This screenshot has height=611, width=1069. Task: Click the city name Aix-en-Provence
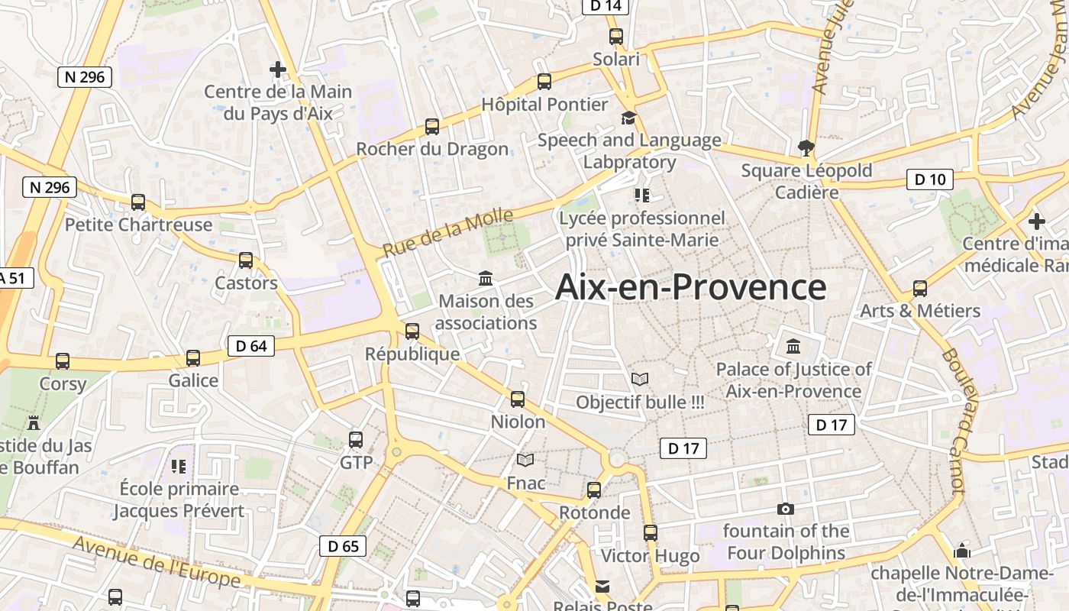pyautogui.click(x=691, y=287)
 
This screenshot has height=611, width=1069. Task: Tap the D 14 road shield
pyautogui.click(x=606, y=6)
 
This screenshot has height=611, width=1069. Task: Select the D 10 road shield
pyautogui.click(x=929, y=179)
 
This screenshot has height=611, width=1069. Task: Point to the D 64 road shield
pyautogui.click(x=251, y=346)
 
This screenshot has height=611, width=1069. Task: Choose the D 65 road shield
pyautogui.click(x=343, y=546)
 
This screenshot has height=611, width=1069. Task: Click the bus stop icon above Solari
pyautogui.click(x=616, y=36)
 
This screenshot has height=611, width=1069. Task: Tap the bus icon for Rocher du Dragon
pyautogui.click(x=432, y=127)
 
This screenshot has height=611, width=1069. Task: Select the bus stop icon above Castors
pyautogui.click(x=246, y=260)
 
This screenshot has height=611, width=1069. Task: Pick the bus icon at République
pyautogui.click(x=412, y=331)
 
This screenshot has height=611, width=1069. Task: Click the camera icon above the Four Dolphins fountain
pyautogui.click(x=785, y=509)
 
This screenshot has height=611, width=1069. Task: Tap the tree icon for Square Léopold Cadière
pyautogui.click(x=806, y=147)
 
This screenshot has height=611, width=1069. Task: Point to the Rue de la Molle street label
pyautogui.click(x=447, y=233)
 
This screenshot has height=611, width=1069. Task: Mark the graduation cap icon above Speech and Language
pyautogui.click(x=628, y=118)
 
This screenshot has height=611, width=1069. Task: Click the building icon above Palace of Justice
pyautogui.click(x=793, y=347)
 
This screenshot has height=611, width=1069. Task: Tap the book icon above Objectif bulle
pyautogui.click(x=640, y=379)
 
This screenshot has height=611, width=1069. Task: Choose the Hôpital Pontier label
pyautogui.click(x=544, y=104)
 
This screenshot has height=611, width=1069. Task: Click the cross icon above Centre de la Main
pyautogui.click(x=278, y=70)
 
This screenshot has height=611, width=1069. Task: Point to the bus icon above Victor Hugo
pyautogui.click(x=650, y=533)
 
